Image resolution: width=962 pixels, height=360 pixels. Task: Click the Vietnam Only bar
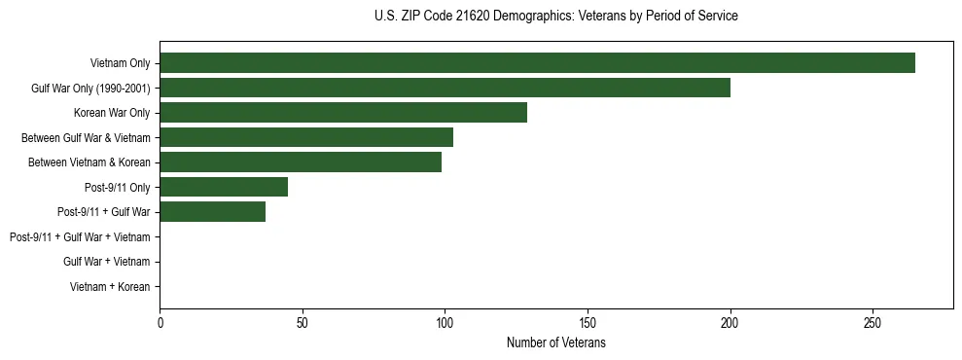click(x=537, y=63)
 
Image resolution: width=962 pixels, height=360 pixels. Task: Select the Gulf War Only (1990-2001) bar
click(x=445, y=88)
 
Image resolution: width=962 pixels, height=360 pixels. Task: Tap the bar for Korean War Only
click(x=343, y=113)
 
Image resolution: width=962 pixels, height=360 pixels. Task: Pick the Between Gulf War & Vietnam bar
click(x=306, y=137)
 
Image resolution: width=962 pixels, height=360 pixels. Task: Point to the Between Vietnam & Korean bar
click(x=301, y=162)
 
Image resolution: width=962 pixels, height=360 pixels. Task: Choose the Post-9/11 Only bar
click(x=224, y=187)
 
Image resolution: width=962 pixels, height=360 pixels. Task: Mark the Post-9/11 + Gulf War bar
click(x=212, y=212)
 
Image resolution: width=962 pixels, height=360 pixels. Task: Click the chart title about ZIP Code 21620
click(x=555, y=17)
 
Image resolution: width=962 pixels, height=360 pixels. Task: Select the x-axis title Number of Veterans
click(x=555, y=343)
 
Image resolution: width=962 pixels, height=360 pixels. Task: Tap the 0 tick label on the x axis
click(x=160, y=323)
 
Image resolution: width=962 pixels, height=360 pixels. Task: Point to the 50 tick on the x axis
click(x=303, y=323)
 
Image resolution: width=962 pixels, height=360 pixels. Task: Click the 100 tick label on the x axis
click(x=445, y=323)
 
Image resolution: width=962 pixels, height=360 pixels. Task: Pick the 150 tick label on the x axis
click(x=588, y=323)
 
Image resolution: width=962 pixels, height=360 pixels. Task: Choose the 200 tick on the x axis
click(x=730, y=323)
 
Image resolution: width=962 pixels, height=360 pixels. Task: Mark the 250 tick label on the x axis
click(x=873, y=323)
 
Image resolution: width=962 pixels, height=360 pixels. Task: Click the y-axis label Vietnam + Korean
click(x=110, y=287)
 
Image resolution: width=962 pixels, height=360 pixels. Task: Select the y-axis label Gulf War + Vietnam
click(x=106, y=262)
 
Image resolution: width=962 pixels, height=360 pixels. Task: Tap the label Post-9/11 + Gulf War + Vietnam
click(x=80, y=237)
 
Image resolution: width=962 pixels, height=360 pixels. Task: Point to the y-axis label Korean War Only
click(x=112, y=113)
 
